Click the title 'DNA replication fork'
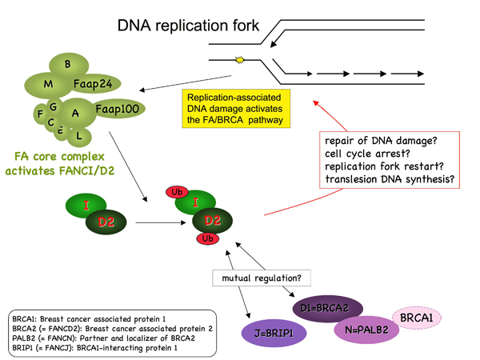(x=189, y=26)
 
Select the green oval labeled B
(x=68, y=64)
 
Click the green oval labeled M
(x=50, y=84)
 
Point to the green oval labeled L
(x=78, y=138)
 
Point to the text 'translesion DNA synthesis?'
(x=390, y=180)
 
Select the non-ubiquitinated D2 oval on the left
(x=106, y=220)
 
